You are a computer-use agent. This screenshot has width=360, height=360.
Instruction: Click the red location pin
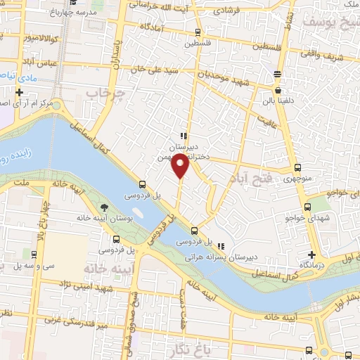pyautogui.click(x=181, y=167)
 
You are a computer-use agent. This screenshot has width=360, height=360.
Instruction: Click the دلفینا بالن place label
pyautogui.click(x=278, y=101)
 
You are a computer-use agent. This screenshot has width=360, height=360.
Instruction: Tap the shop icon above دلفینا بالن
pyautogui.click(x=278, y=91)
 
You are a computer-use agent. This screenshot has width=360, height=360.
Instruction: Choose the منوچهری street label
pyautogui.click(x=298, y=179)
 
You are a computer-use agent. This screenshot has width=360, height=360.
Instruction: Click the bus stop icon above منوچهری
pyautogui.click(x=298, y=167)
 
